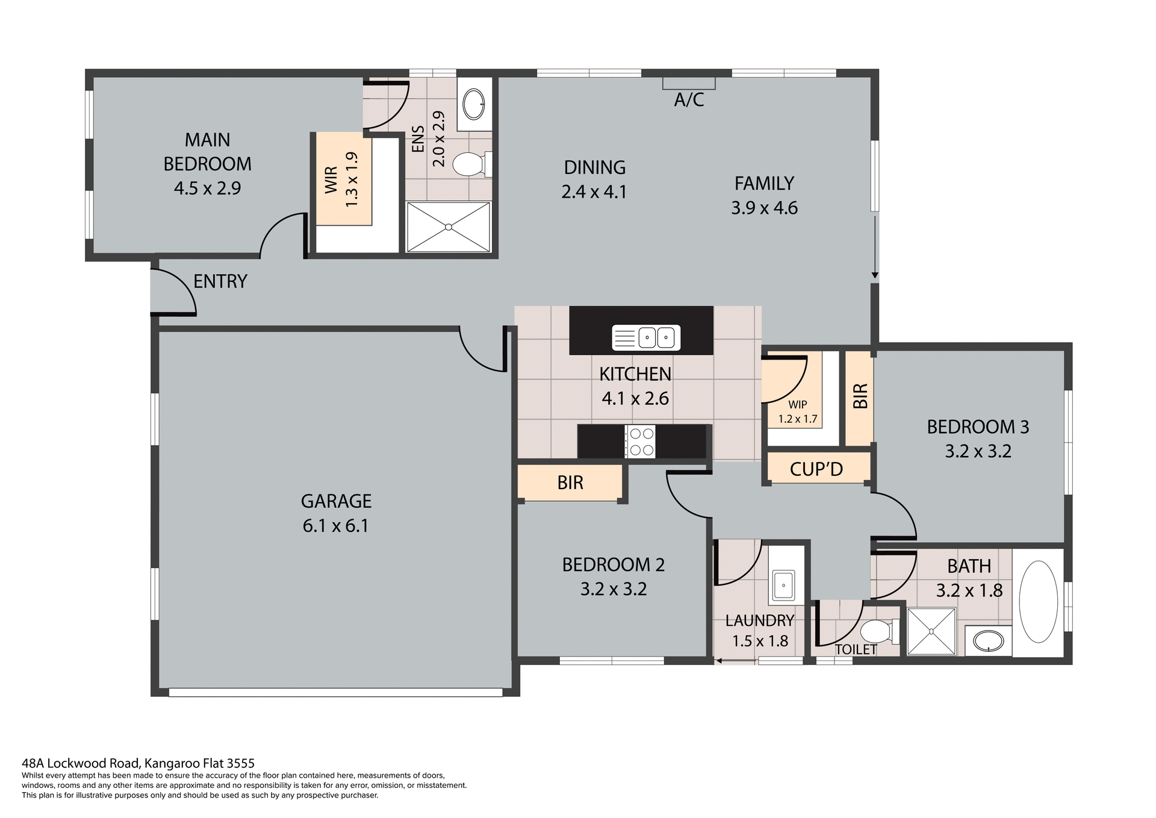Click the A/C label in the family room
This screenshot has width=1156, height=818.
(689, 99)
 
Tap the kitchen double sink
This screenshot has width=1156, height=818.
(647, 337)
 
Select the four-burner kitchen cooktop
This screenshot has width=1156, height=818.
(640, 442)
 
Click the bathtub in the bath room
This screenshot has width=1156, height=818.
(1038, 602)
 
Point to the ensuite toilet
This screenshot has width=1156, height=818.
(470, 164)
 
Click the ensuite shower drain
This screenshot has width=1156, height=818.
(449, 227)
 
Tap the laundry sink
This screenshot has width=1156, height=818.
(783, 584)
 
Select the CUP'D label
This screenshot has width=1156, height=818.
(816, 469)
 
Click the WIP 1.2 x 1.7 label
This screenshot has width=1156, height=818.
(797, 412)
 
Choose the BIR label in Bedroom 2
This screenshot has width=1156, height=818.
(570, 482)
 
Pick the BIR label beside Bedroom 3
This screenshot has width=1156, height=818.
(860, 396)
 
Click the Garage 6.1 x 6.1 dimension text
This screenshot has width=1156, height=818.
(335, 526)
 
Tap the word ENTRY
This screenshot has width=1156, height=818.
(220, 281)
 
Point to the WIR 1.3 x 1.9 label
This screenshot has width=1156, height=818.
(341, 180)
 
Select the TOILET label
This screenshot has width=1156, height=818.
(856, 649)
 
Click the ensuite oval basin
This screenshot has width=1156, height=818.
(474, 104)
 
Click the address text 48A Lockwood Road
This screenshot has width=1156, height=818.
(138, 764)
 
